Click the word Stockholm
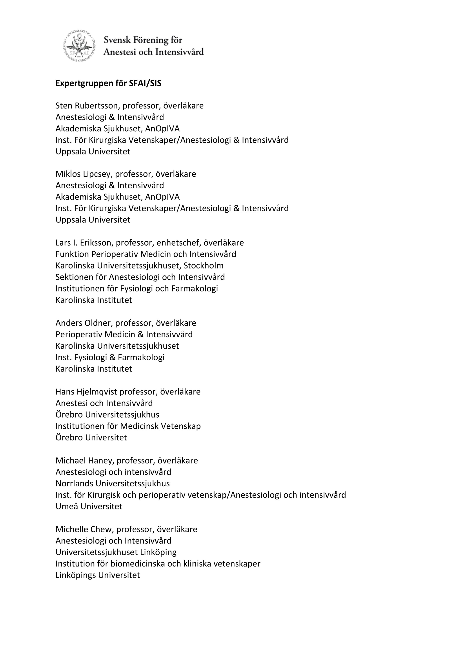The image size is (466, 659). tap(203, 266)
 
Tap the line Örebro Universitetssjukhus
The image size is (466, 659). tap(107, 415)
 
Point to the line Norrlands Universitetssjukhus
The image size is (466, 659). tap(113, 484)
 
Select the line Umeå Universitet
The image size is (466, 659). tap(89, 507)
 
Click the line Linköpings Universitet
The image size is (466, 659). tap(98, 576)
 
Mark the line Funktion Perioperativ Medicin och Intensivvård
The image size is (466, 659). tap(146, 254)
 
